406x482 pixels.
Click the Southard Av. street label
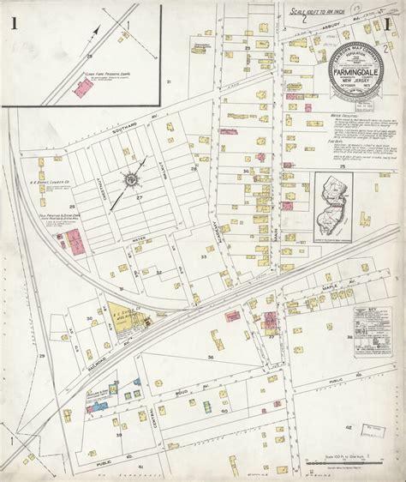[x=113, y=135]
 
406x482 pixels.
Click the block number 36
[x=210, y=355]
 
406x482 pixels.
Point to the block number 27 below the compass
[x=137, y=196]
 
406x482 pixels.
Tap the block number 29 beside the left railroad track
[x=41, y=353]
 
